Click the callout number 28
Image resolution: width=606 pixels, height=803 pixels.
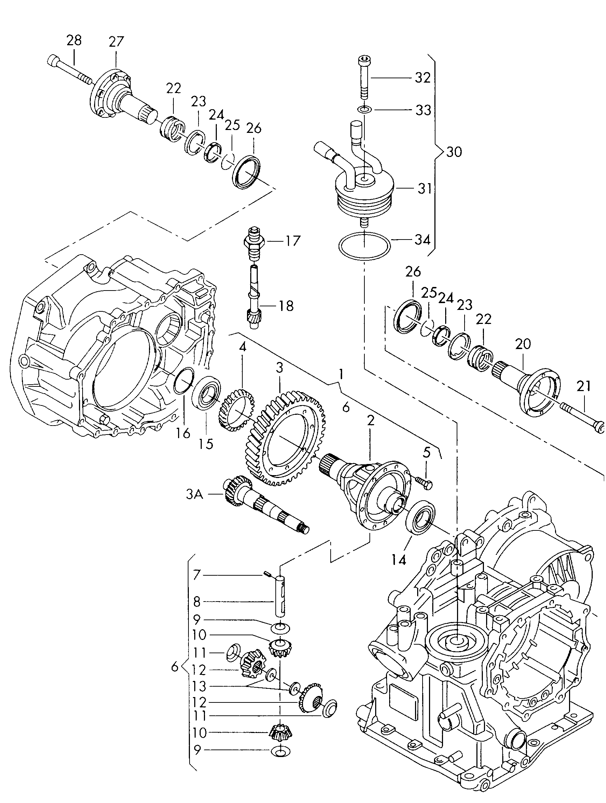click(74, 40)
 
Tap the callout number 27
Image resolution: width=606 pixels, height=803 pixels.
click(116, 42)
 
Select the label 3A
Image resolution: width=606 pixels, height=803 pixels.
click(195, 494)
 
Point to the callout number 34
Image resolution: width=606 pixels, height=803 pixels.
click(423, 240)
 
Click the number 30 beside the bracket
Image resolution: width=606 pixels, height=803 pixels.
click(454, 152)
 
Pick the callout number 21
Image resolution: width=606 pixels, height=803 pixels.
click(583, 387)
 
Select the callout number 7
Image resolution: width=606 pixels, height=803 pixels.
click(196, 585)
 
